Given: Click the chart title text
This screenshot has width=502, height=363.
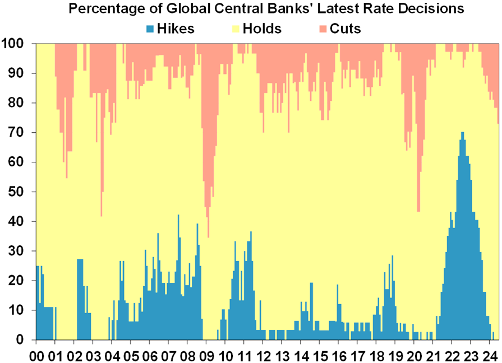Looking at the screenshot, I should (x=266, y=10).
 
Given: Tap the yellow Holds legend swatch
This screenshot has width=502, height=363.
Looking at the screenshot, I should (x=234, y=27).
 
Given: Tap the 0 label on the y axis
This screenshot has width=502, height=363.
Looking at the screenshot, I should (x=26, y=340).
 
